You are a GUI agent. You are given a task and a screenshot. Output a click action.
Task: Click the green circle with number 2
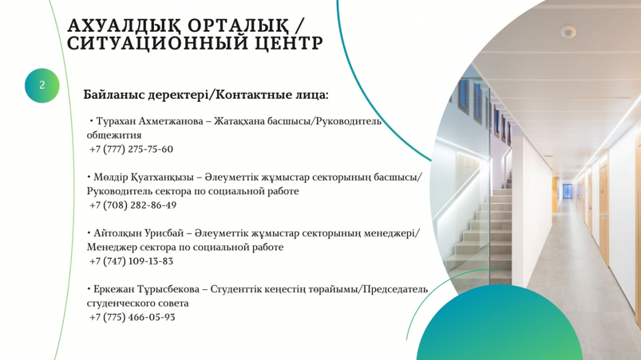pyautogui.click(x=42, y=86)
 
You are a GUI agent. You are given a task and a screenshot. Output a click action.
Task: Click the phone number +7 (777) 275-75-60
pyautogui.click(x=131, y=149)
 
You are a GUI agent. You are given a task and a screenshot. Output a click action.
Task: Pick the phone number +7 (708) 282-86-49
pyautogui.click(x=133, y=205)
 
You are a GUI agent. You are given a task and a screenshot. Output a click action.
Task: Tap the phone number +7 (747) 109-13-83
pyautogui.click(x=131, y=261)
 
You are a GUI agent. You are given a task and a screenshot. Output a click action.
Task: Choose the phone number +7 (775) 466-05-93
pyautogui.click(x=132, y=317)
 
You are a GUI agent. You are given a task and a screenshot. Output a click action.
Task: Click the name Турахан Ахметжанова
pyautogui.click(x=150, y=121)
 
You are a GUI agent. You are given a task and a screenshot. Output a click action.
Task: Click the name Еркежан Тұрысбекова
pyautogui.click(x=146, y=290)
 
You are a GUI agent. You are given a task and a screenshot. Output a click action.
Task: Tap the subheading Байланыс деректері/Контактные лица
pyautogui.click(x=206, y=95)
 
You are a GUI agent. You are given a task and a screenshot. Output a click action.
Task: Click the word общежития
pyautogui.click(x=114, y=135)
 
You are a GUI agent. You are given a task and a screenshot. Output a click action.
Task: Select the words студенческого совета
pyautogui.click(x=138, y=304)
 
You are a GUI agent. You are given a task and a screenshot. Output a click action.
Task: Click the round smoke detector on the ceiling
pyautogui.click(x=568, y=31)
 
